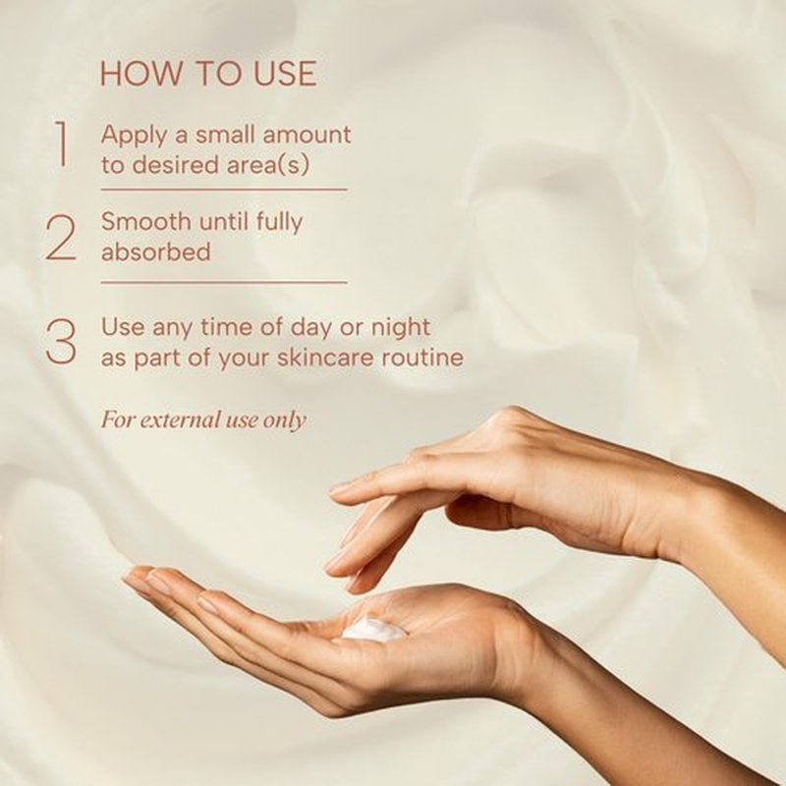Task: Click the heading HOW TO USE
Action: [x=208, y=73]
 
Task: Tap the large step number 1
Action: [x=62, y=143]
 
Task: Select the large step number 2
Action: [x=61, y=238]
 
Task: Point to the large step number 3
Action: [x=61, y=341]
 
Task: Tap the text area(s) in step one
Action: [x=266, y=165]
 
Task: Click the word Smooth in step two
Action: [x=145, y=222]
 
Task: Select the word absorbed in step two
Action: [x=156, y=252]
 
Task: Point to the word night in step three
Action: [x=400, y=328]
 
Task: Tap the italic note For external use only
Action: [x=203, y=421]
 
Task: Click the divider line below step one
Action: [x=224, y=190]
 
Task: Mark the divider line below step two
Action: [x=224, y=282]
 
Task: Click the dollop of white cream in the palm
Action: [x=373, y=630]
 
